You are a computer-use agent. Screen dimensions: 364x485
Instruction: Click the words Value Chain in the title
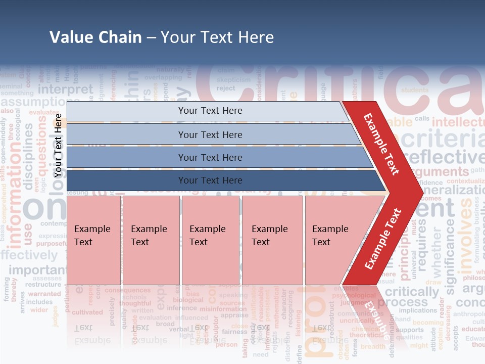[x=95, y=37]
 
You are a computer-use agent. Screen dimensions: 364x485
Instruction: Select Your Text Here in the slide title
[x=217, y=37]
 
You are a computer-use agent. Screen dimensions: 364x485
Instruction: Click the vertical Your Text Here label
[x=58, y=145]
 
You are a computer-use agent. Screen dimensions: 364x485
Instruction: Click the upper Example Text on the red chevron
[x=381, y=144]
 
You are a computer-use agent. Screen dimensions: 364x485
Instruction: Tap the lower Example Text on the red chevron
[x=383, y=239]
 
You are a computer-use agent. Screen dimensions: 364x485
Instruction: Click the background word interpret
[x=66, y=89]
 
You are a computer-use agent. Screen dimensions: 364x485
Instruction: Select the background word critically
[x=412, y=292]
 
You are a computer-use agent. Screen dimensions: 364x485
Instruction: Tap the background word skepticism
[x=233, y=79]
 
